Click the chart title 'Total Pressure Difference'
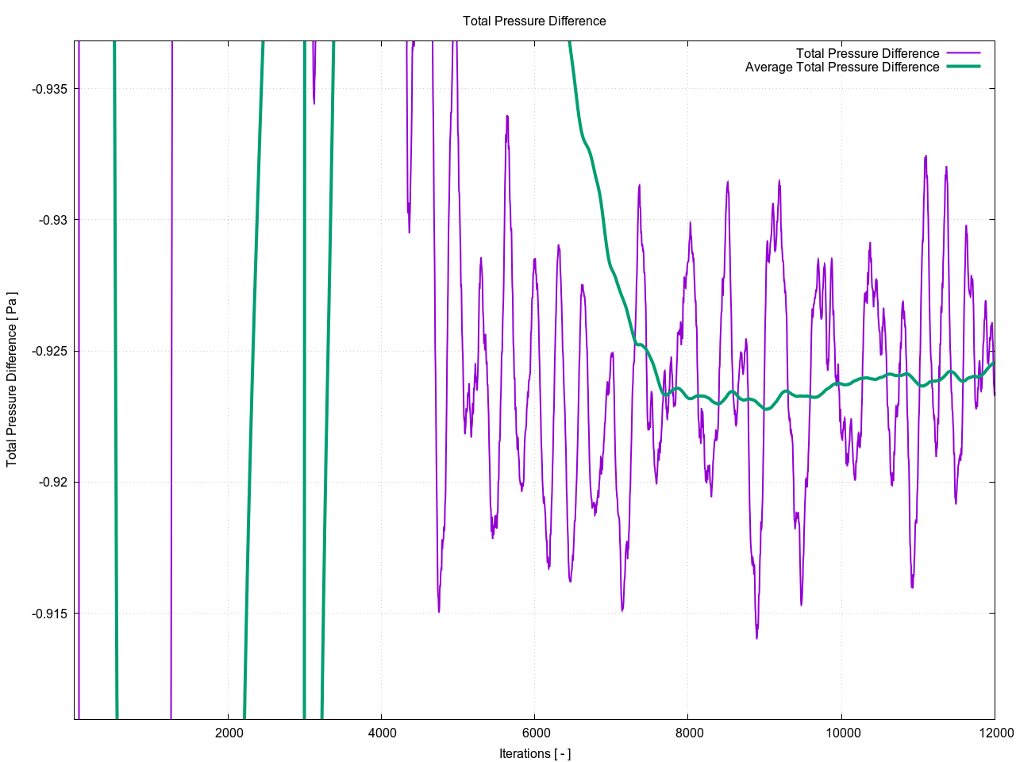click(x=534, y=21)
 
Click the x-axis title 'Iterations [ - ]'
click(x=534, y=753)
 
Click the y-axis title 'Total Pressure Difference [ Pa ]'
click(x=12, y=379)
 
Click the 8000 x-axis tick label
click(x=688, y=733)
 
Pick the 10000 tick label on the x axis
click(x=841, y=733)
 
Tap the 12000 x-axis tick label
click(x=995, y=733)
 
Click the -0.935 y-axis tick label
click(x=49, y=89)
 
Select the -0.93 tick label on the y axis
click(x=52, y=220)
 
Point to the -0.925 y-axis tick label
click(x=49, y=351)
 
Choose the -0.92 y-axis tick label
click(x=52, y=482)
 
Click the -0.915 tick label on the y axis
click(x=49, y=614)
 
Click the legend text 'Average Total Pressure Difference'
click(x=841, y=67)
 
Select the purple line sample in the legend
click(x=963, y=54)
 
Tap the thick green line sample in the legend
click(x=963, y=67)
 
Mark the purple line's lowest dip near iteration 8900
click(x=756, y=637)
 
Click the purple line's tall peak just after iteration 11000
click(x=926, y=157)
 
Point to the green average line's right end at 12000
click(x=994, y=363)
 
